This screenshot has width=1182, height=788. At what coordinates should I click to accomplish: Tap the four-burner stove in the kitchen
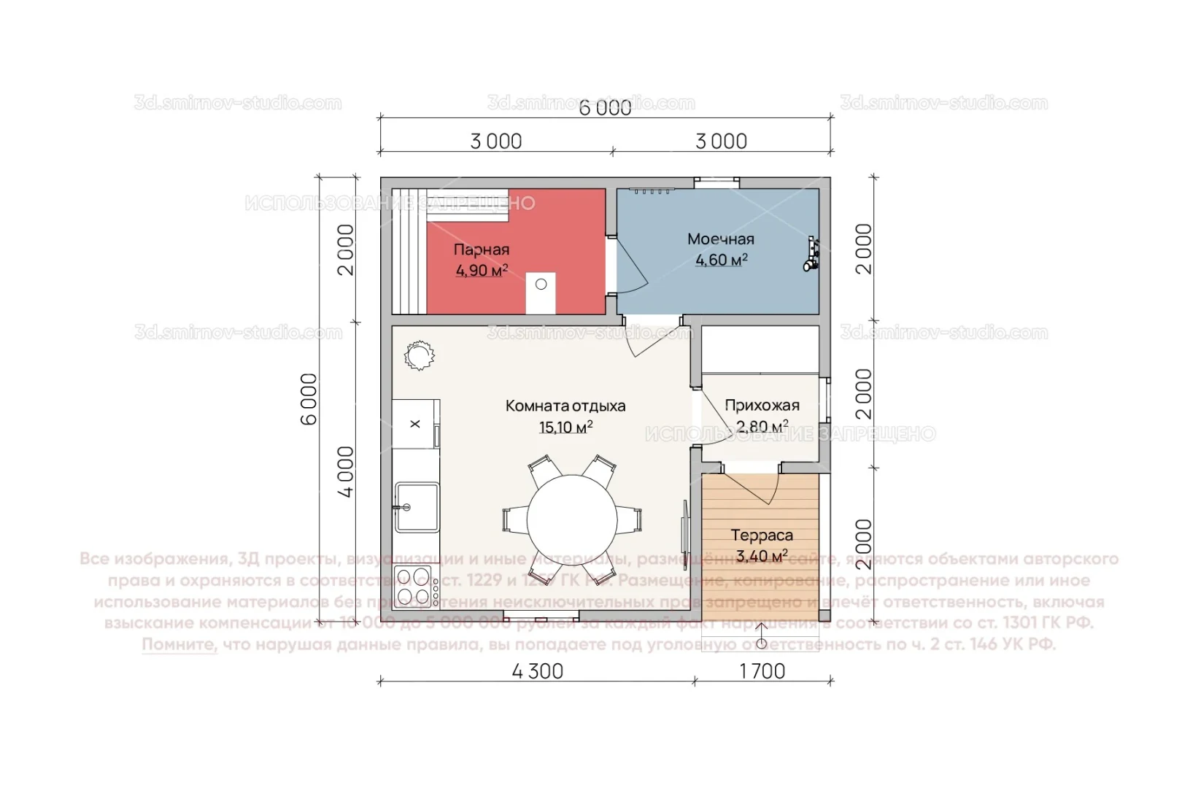pos(414,587)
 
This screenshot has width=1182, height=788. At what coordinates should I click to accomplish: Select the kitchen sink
pos(417,506)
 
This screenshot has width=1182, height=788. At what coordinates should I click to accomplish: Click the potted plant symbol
pos(419,356)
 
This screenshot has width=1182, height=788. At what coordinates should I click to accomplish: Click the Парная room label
pos(482,250)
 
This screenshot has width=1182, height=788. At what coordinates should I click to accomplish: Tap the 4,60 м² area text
pos(721,260)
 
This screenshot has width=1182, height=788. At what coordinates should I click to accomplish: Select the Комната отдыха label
pos(565,406)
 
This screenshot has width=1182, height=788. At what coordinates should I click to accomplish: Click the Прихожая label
pos(762,405)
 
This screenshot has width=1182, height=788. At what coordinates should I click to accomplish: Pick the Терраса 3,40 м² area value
pos(762,557)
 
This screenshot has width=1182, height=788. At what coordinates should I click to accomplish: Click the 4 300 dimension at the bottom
pos(538,671)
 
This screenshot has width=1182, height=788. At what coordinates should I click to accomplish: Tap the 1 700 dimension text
pos(762,671)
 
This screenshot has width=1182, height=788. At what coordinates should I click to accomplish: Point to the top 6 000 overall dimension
pos(605,108)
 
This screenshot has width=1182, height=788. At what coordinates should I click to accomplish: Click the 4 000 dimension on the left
pos(346,471)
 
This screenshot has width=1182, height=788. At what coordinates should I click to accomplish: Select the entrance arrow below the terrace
pos(761,635)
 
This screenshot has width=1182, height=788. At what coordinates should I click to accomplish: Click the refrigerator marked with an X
pos(415,424)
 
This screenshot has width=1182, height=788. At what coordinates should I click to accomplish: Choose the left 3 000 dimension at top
pos(496,141)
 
